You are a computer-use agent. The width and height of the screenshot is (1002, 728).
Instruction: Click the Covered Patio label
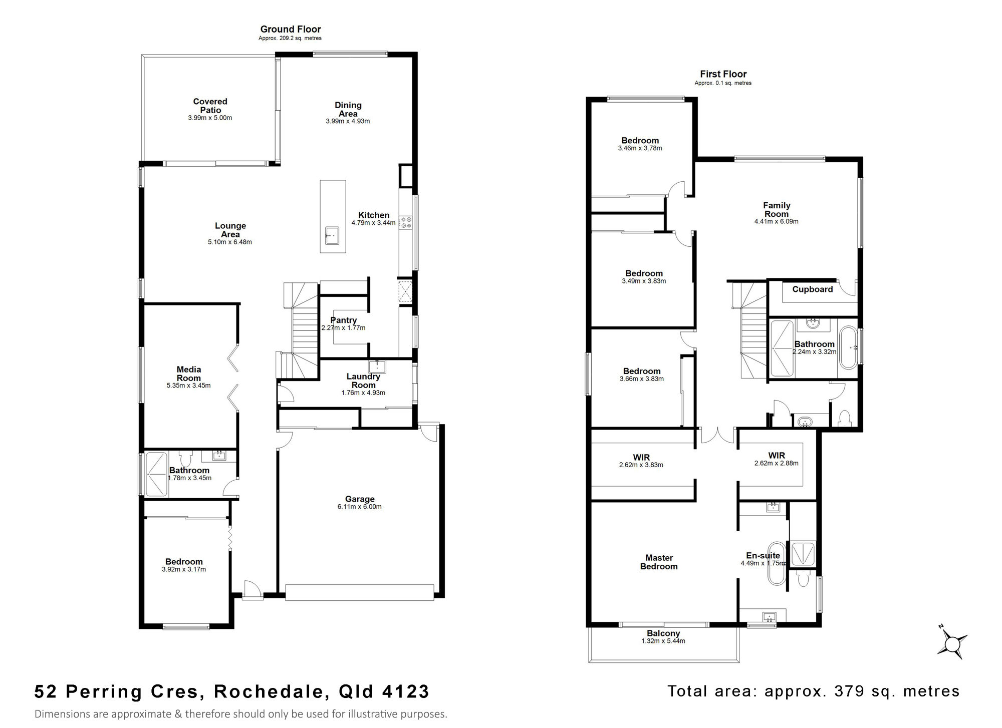coord(210,106)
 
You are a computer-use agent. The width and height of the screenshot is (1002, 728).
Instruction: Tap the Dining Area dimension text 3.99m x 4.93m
coord(348,121)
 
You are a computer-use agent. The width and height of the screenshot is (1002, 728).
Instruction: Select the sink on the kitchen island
coord(332,235)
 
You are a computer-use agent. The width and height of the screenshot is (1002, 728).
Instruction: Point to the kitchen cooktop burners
coord(405,222)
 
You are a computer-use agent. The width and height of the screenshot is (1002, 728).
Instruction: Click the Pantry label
coord(344,320)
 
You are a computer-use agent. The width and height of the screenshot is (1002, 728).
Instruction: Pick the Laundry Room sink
coord(377,366)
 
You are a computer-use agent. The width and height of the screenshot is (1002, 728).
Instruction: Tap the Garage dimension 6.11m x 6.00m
coord(360,507)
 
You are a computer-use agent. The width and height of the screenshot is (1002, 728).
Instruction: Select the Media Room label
coord(189,374)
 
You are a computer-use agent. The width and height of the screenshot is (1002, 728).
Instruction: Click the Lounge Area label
coord(230,230)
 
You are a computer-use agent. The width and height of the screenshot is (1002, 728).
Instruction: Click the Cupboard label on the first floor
coord(812,289)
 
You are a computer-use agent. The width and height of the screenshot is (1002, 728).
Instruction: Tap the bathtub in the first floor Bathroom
coord(848,348)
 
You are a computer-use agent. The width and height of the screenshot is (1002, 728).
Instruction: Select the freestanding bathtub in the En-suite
coord(776,563)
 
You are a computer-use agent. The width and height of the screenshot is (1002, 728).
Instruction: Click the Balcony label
coord(663,633)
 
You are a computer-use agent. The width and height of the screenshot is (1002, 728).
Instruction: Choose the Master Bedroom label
coord(659,562)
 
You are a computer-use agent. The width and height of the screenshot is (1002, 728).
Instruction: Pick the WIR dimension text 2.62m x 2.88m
coord(777,463)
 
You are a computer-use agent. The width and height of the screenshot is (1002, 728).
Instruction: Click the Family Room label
coord(777,209)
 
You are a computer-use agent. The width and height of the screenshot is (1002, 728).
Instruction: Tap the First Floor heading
coord(723,74)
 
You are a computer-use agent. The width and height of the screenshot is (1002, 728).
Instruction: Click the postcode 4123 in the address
coord(406,691)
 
